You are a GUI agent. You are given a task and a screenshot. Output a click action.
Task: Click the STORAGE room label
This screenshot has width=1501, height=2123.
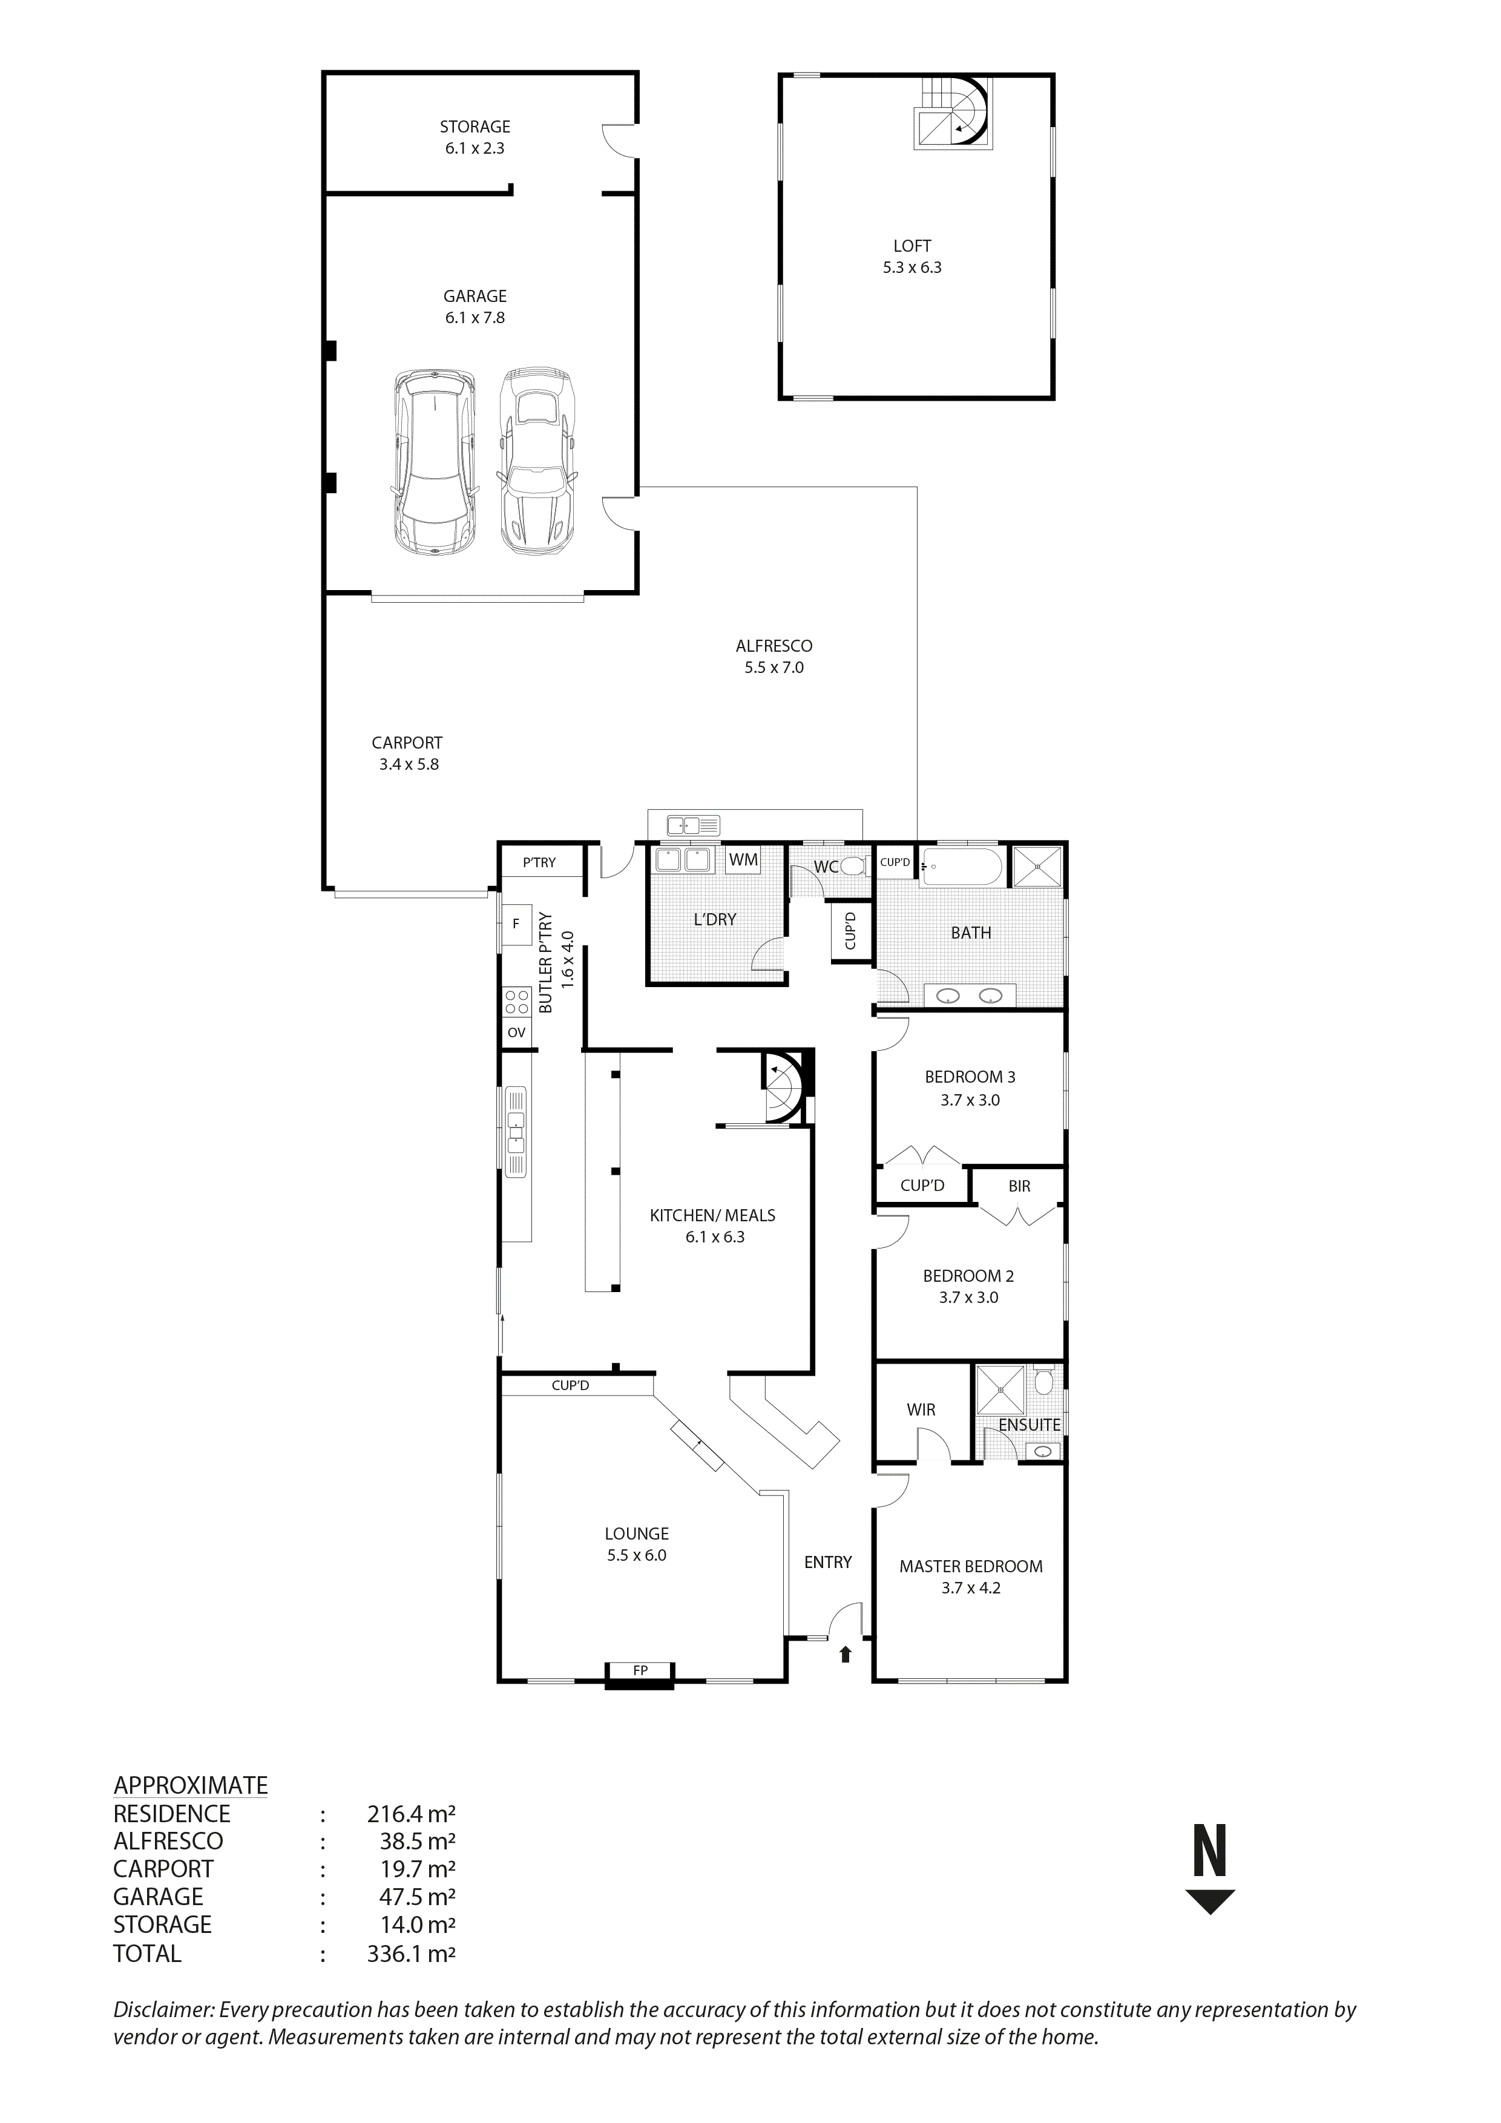point(475,126)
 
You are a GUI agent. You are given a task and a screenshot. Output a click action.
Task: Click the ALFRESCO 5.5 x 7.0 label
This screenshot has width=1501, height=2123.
point(774,657)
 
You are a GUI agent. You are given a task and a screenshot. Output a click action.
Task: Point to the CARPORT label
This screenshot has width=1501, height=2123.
point(407,743)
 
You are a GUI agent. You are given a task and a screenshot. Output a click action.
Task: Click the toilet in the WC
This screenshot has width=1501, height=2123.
point(853,867)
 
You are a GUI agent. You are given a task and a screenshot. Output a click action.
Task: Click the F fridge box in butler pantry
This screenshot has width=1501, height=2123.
point(516,924)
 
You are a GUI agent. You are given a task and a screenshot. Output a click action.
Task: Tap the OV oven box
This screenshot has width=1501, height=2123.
point(516,1033)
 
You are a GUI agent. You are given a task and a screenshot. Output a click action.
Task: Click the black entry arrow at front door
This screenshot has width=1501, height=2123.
point(844,1654)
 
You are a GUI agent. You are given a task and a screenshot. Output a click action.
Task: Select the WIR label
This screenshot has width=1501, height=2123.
point(921,1410)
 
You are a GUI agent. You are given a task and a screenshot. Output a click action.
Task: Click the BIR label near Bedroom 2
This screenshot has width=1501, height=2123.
point(1019,1186)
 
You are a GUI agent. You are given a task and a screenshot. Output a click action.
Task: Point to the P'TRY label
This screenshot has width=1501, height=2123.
point(539,863)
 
